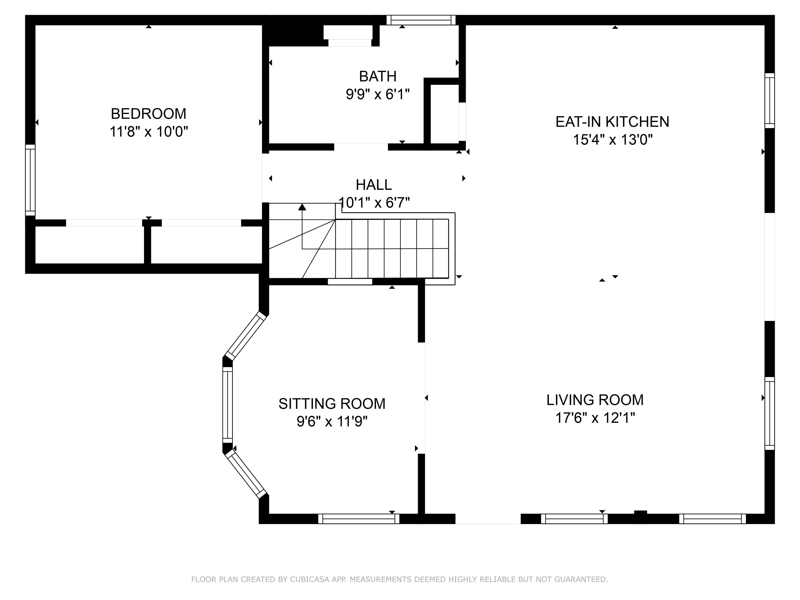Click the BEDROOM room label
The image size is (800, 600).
[x=148, y=114]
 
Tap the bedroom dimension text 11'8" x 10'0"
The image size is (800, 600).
[x=149, y=132]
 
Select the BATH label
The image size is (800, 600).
[x=378, y=76]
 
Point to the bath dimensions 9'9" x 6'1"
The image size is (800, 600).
[x=378, y=94]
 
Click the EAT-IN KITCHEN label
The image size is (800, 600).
[x=612, y=122]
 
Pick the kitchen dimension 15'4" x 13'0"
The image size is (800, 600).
[x=612, y=140]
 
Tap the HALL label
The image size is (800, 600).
[x=374, y=185]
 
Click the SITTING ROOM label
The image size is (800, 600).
[x=332, y=404]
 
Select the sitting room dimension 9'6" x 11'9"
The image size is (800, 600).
[x=332, y=421]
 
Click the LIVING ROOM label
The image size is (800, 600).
[x=595, y=400]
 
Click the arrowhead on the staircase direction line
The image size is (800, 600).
[x=302, y=207]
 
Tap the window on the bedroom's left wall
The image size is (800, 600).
[x=30, y=180]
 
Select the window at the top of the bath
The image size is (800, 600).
[x=421, y=20]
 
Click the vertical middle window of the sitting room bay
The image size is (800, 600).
[x=227, y=405]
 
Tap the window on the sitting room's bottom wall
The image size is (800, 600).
[x=359, y=519]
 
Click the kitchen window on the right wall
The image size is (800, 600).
[x=770, y=101]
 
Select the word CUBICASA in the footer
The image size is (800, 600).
[x=310, y=579]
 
